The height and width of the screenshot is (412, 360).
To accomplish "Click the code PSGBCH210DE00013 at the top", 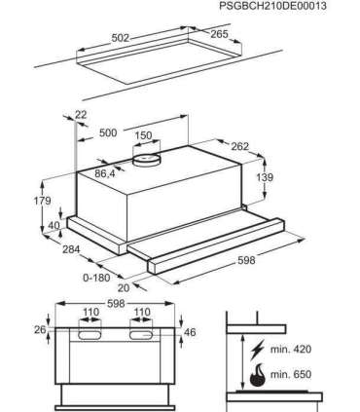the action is coord(272,6).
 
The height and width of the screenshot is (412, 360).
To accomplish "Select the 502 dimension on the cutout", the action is coord(121,38).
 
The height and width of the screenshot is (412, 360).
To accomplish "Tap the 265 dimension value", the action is coord(219,34).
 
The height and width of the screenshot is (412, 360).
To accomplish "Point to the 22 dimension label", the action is coord(81,114).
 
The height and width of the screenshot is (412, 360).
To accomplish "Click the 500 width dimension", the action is coord(108,132).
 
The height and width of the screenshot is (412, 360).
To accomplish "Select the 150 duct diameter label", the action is coord(143,135).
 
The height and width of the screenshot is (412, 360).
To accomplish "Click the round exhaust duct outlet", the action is coord(147,160).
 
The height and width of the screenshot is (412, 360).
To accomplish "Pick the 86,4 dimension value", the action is coord(105,173).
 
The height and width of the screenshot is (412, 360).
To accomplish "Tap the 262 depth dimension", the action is coord(239,146).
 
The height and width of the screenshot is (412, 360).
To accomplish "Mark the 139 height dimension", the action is coord(265,177).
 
